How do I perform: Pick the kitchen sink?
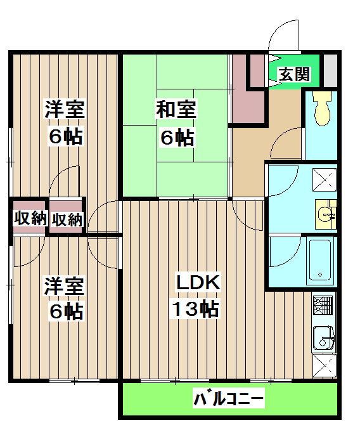pyautogui.click(x=323, y=337)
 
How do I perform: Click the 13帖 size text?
pyautogui.click(x=193, y=309)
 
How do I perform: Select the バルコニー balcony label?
pyautogui.click(x=228, y=400)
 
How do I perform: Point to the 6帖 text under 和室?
pyautogui.click(x=176, y=137)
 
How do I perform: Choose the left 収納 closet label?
pyautogui.click(x=30, y=219)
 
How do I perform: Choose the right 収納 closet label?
pyautogui.click(x=67, y=219)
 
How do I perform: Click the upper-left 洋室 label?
pyautogui.click(x=64, y=109)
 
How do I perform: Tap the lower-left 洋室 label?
pyautogui.click(x=64, y=285)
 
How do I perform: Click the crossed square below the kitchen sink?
pyautogui.click(x=326, y=366)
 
